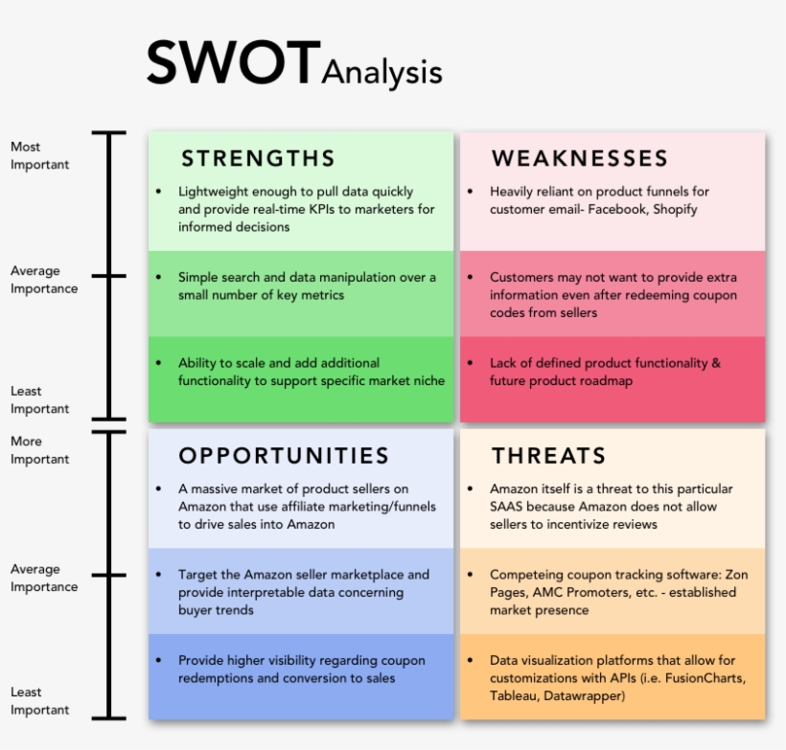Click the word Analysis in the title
pyautogui.click(x=381, y=72)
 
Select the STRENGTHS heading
pyautogui.click(x=258, y=158)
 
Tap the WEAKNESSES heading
pyautogui.click(x=579, y=158)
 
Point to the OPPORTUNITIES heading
pyautogui.click(x=284, y=455)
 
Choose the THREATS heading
pyautogui.click(x=548, y=455)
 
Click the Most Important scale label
pyautogui.click(x=39, y=155)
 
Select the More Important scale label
pyautogui.click(x=39, y=450)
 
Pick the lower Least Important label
pyautogui.click(x=39, y=700)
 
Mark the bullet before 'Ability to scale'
pyautogui.click(x=159, y=363)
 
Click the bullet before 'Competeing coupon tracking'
pyautogui.click(x=471, y=575)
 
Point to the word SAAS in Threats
pyautogui.click(x=506, y=506)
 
